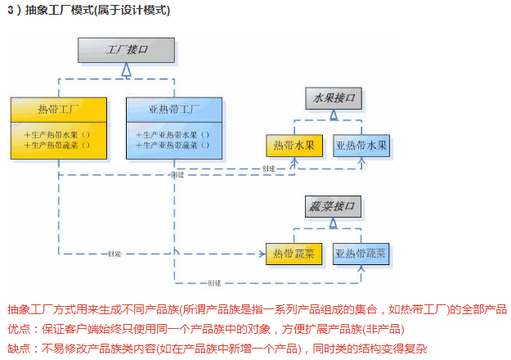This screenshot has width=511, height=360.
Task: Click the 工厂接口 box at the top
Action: [127, 51]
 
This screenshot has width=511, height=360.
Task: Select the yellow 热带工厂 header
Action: [59, 109]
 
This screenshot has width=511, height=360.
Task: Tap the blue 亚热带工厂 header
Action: [174, 109]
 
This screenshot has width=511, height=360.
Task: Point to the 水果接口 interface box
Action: [334, 98]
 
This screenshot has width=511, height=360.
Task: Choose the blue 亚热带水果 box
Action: [361, 146]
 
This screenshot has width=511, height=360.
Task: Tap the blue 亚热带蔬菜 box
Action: [361, 254]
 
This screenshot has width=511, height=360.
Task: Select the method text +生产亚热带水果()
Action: [173, 134]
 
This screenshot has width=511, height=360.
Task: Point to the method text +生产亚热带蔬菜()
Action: [173, 145]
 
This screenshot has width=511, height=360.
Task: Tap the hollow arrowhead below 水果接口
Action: [334, 116]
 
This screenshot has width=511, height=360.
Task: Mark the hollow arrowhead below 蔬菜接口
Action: [334, 223]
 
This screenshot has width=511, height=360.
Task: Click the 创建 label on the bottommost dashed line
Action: [214, 283]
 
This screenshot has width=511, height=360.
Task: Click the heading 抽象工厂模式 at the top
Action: [74, 11]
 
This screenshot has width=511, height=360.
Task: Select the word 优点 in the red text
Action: [19, 328]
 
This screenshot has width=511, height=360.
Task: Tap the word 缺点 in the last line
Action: [19, 348]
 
